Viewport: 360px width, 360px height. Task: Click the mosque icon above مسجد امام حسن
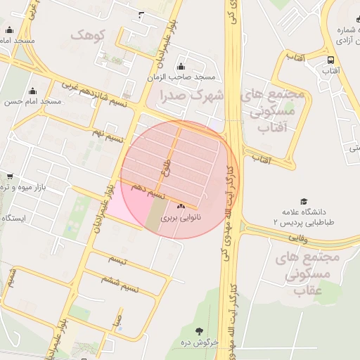click(x=32, y=91)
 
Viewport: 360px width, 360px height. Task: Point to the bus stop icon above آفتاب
click(x=330, y=60)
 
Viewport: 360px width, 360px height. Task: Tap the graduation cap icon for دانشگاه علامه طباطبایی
click(x=304, y=202)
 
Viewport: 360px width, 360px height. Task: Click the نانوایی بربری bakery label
click(x=181, y=218)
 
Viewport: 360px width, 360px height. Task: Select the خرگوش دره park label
click(x=200, y=342)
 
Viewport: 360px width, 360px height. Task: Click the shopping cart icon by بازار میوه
click(x=9, y=176)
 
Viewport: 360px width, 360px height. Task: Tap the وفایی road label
click(x=298, y=238)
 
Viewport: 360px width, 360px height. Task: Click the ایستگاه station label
click(x=13, y=218)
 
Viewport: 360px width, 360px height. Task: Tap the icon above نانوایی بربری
click(x=181, y=207)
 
